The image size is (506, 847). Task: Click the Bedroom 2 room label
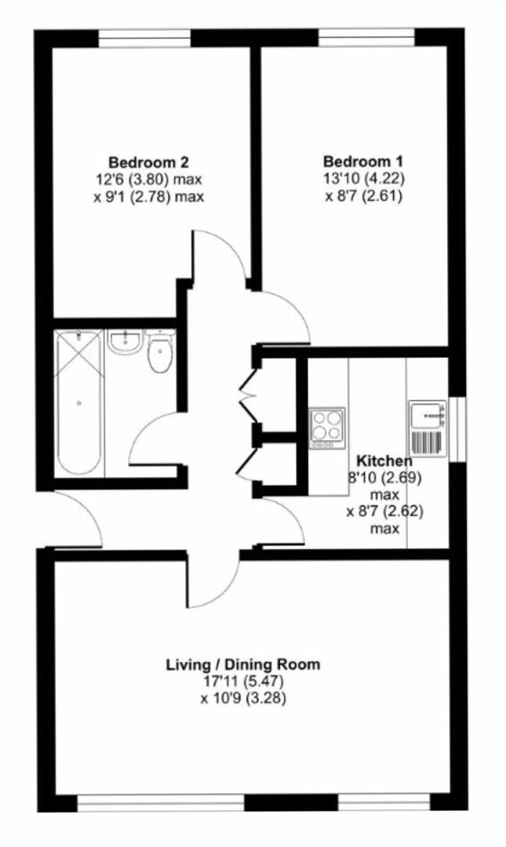click(148, 163)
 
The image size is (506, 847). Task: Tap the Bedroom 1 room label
click(363, 163)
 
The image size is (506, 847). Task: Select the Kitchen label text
click(384, 460)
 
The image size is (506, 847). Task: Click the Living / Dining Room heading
click(242, 665)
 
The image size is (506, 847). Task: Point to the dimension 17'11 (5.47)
click(242, 681)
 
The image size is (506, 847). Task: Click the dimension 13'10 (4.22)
click(363, 180)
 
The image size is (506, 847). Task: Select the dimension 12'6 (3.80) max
click(148, 180)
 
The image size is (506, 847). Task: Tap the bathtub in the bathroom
click(78, 402)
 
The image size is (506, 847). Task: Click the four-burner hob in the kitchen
click(326, 428)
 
